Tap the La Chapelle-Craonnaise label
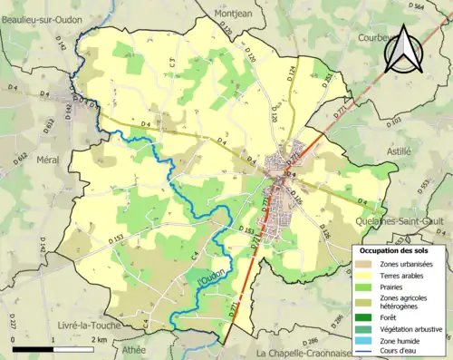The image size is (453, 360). (x=304, y=353)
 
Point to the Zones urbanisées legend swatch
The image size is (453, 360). (x=365, y=265)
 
